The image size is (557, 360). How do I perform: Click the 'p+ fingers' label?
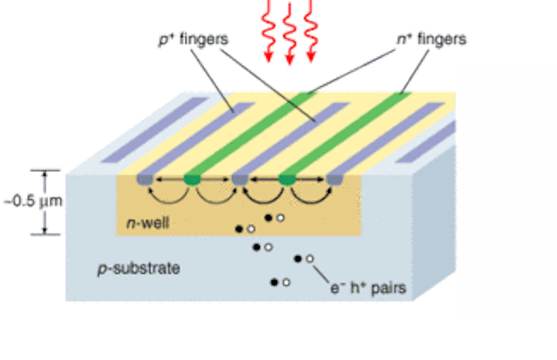click(193, 39)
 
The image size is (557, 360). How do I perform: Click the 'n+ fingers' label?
click(432, 39)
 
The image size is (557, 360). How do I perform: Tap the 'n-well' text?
click(148, 223)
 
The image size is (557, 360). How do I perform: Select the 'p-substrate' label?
click(139, 269)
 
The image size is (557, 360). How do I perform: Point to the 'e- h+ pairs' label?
click(368, 288)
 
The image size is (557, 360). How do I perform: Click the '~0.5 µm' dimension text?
click(33, 201)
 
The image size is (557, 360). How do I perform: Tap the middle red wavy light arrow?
click(289, 34)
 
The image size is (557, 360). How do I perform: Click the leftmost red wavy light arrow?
click(268, 31)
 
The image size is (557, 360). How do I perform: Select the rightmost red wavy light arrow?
click(311, 31)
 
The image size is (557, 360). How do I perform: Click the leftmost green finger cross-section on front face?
click(192, 180)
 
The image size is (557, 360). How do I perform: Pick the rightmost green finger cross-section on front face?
click(287, 180)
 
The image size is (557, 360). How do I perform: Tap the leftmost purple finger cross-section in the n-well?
click(145, 180)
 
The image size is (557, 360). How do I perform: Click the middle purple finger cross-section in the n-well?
click(240, 180)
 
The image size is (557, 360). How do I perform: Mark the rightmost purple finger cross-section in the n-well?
click(335, 180)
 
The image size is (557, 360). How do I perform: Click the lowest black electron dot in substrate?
click(274, 282)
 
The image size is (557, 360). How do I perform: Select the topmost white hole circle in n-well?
click(280, 218)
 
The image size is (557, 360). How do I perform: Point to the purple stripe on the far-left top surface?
click(155, 130)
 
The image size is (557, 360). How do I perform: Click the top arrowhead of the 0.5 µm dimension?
click(45, 173)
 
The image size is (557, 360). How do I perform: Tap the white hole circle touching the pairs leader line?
click(309, 259)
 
